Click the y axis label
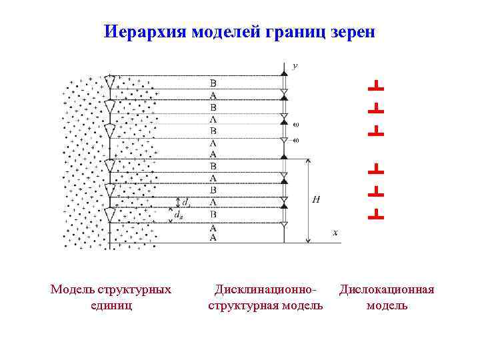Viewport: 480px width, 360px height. click(x=295, y=66)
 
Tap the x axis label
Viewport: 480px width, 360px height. click(x=335, y=233)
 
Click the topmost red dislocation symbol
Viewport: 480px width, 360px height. click(x=375, y=85)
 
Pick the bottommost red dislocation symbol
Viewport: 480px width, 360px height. click(x=375, y=213)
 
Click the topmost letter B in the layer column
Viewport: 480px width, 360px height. click(x=213, y=84)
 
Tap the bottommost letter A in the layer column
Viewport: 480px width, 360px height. click(x=213, y=237)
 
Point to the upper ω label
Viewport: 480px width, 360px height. click(x=295, y=124)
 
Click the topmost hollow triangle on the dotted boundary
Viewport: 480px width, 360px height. click(x=110, y=82)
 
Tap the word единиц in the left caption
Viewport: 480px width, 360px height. click(x=110, y=305)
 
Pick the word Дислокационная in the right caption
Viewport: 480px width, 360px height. click(x=387, y=289)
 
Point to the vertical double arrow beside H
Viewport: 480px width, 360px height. click(x=307, y=200)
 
